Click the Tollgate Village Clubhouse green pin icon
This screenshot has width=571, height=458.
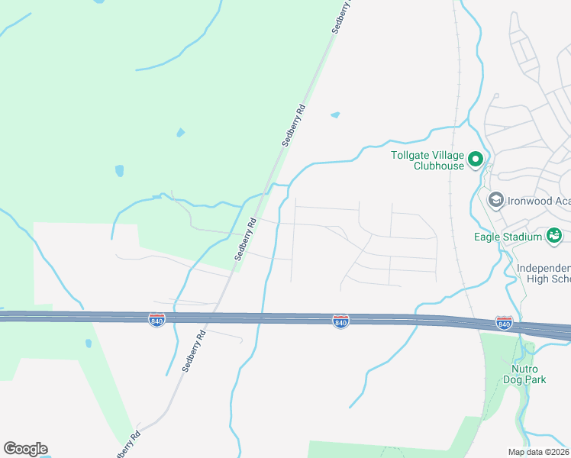475,160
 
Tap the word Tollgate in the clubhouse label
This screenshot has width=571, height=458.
411,154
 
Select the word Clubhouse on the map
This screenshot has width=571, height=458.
439,165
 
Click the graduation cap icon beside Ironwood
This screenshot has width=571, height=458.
495,200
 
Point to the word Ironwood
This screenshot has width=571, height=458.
532,200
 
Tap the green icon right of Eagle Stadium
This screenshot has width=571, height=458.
555,237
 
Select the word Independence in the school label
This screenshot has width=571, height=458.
544,268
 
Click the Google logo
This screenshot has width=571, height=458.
25,448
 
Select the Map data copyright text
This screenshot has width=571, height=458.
538,452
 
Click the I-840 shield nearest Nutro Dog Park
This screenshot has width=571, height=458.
504,324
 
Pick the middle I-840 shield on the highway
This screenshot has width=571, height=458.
340,322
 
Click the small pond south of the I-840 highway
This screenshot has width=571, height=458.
89,343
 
